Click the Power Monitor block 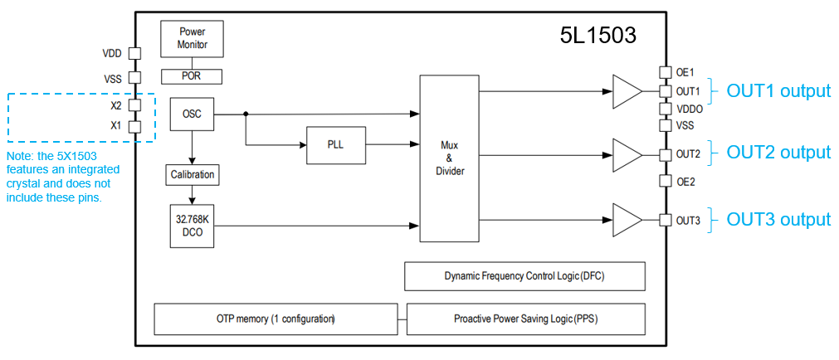tap(192, 38)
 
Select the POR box tap(192, 76)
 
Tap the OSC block tap(192, 114)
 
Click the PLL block tap(335, 144)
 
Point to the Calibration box tap(192, 174)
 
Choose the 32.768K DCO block tap(192, 226)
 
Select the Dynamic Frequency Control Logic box tap(524, 276)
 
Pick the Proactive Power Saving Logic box tap(525, 319)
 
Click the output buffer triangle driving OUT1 tap(627, 90)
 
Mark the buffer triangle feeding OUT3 tap(627, 220)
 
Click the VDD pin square tap(134, 53)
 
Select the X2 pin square tap(134, 105)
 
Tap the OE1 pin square tap(665, 72)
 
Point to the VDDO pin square tap(665, 109)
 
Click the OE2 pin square tap(665, 181)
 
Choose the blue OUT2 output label tap(778, 153)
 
